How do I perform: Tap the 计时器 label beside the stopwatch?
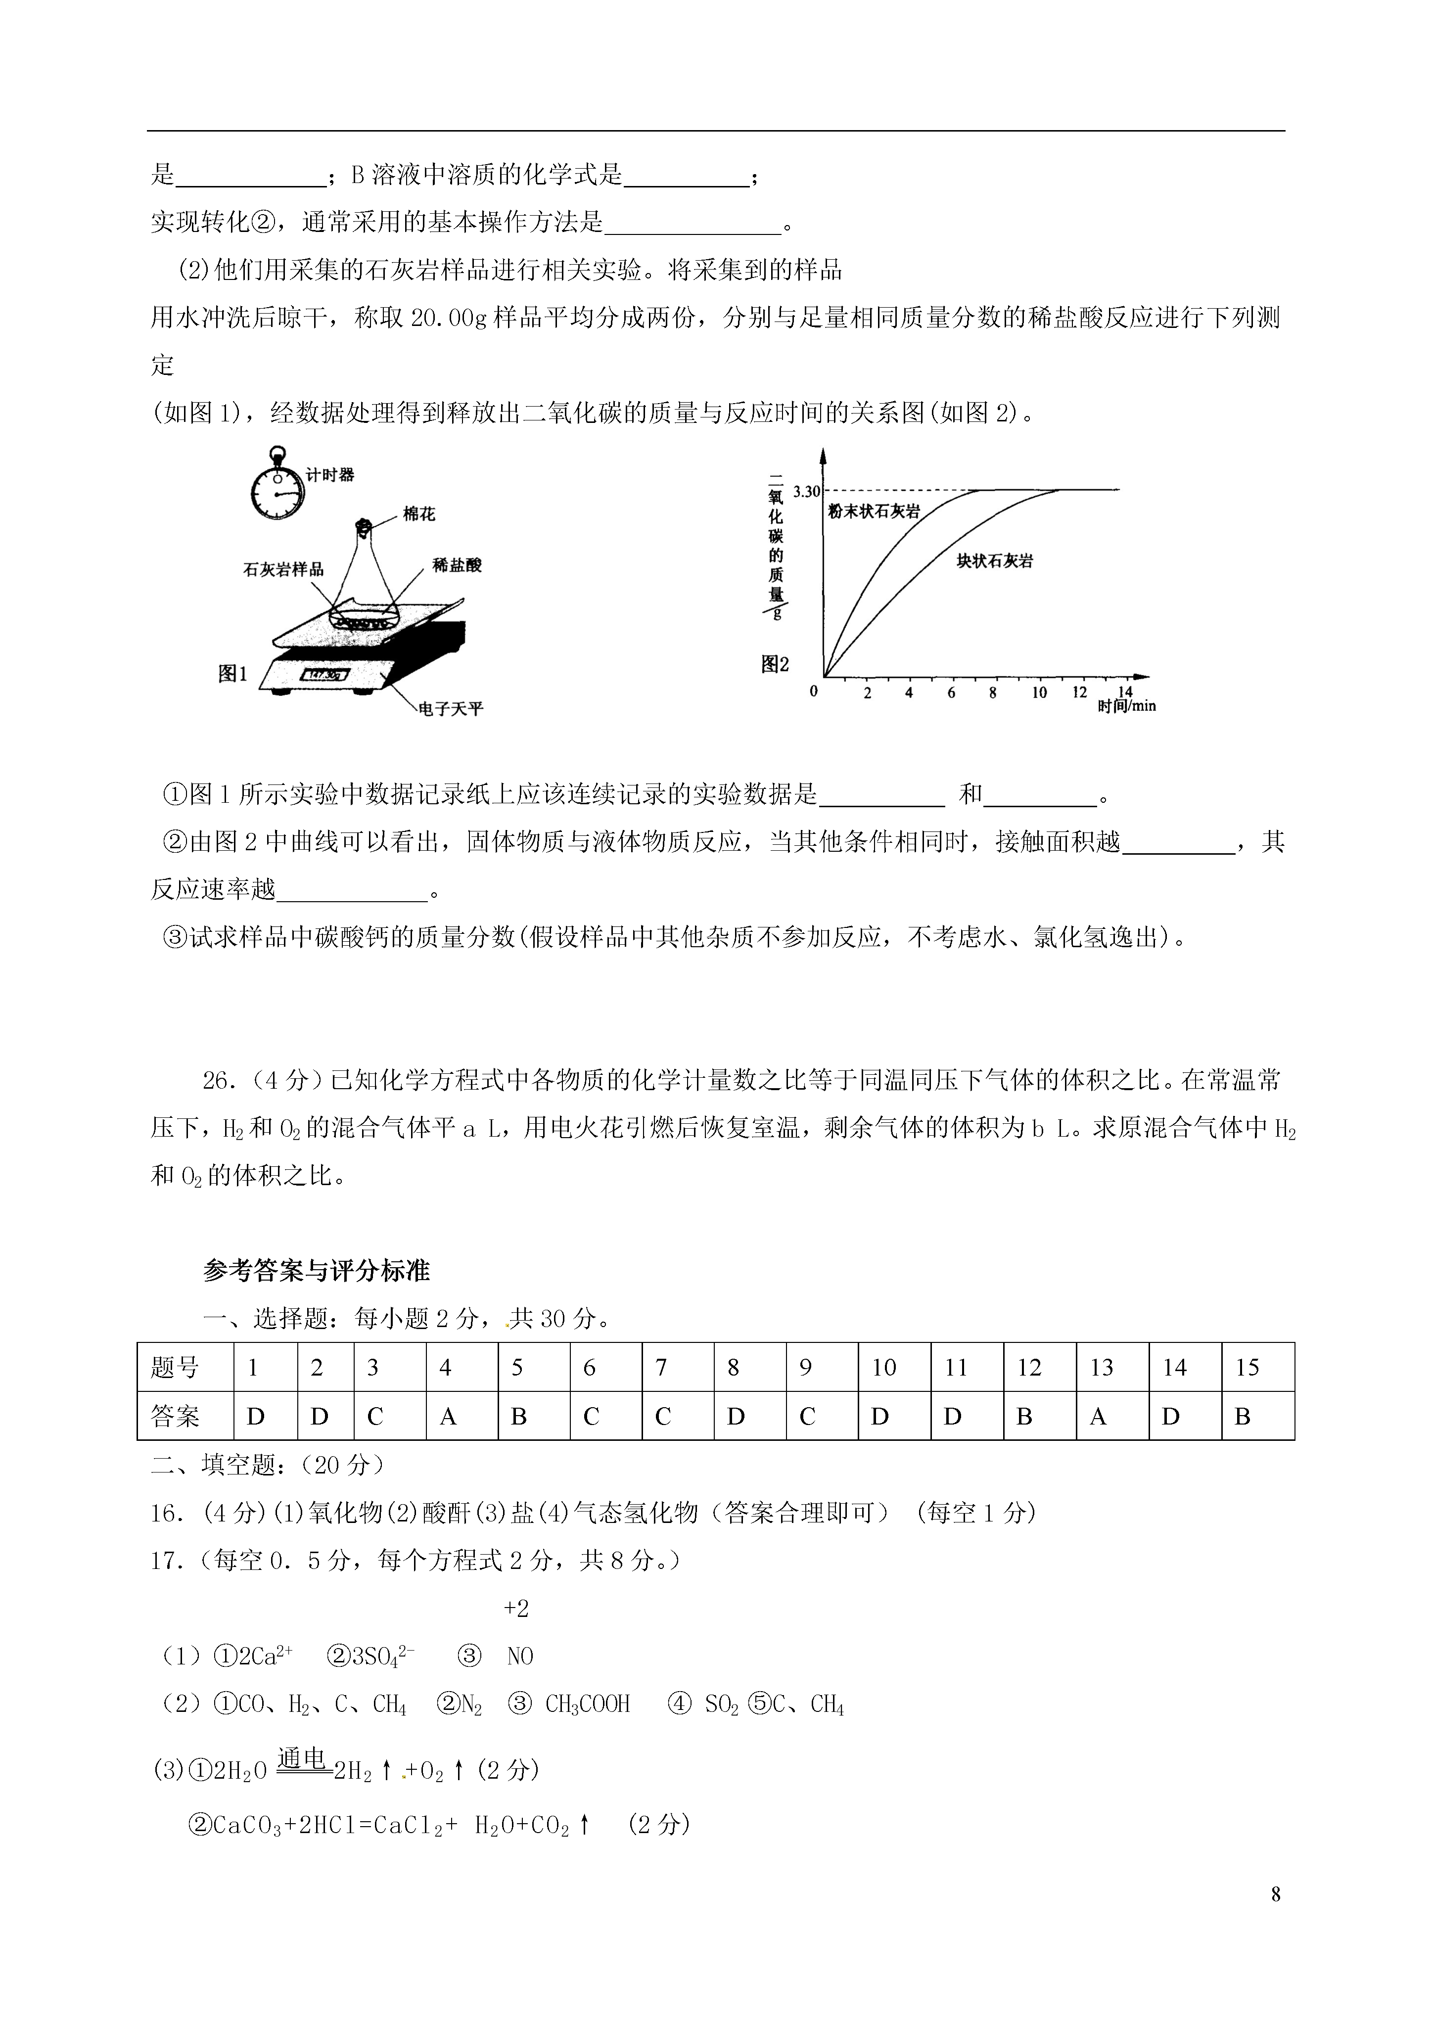pyautogui.click(x=330, y=474)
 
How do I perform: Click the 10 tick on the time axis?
pyautogui.click(x=1039, y=692)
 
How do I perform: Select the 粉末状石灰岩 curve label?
pyautogui.click(x=873, y=511)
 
